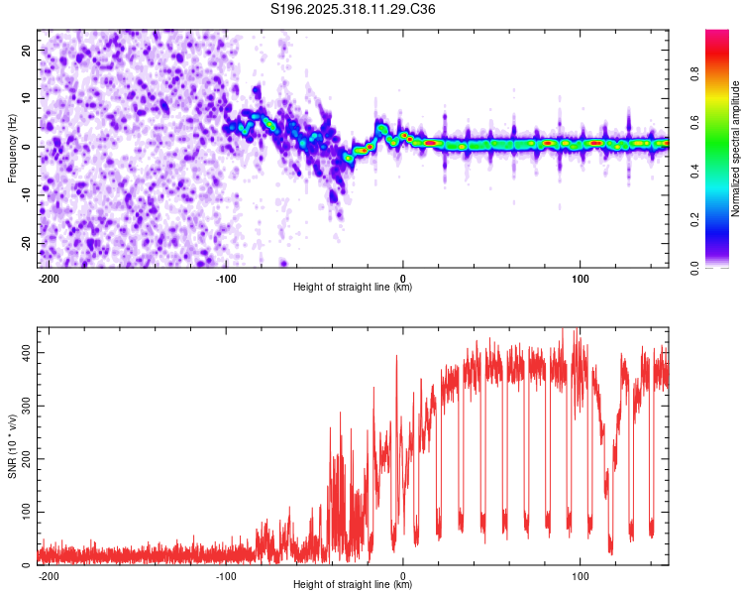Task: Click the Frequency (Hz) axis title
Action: click(12, 148)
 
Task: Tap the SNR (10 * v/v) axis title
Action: click(12, 446)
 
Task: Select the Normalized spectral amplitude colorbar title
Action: click(735, 149)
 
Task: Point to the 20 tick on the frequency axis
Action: click(26, 50)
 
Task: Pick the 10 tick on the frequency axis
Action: click(26, 98)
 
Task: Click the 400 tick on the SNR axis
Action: click(22, 353)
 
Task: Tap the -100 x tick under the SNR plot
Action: click(226, 575)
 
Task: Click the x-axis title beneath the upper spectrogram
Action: click(353, 288)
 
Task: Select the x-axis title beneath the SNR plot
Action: click(353, 585)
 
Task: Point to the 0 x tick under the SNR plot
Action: click(403, 575)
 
